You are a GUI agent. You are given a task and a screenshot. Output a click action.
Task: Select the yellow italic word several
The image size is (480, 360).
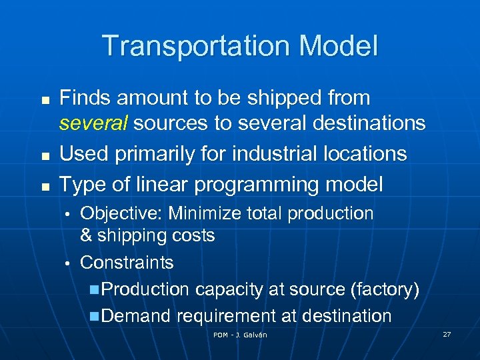point(89,123)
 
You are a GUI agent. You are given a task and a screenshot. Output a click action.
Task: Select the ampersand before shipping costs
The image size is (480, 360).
point(86,235)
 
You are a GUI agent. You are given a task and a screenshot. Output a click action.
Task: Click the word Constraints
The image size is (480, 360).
point(127,263)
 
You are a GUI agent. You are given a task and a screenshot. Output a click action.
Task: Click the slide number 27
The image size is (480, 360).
point(446,334)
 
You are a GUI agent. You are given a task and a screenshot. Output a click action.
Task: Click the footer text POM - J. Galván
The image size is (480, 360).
point(240,335)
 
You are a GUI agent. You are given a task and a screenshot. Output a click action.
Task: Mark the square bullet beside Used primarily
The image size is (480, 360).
point(45,155)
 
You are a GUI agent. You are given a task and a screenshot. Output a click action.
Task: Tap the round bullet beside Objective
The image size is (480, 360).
point(67,214)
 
